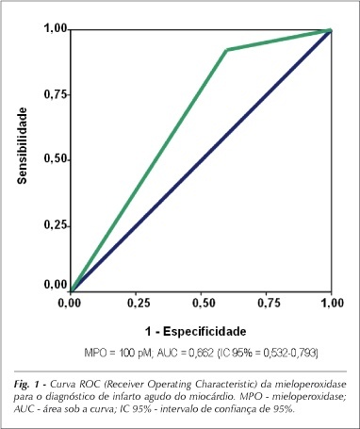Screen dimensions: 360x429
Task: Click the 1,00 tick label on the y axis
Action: pyautogui.click(x=56, y=28)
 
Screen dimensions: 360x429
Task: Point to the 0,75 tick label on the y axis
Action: pyautogui.click(x=56, y=94)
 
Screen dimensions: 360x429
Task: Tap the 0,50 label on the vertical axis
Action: pyautogui.click(x=56, y=159)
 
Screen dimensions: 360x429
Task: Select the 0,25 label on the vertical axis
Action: pyautogui.click(x=56, y=225)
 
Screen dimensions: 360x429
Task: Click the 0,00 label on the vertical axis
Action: pyautogui.click(x=56, y=285)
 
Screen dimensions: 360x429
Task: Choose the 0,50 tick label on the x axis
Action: pyautogui.click(x=202, y=303)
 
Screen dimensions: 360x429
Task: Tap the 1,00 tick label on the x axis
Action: pyautogui.click(x=332, y=303)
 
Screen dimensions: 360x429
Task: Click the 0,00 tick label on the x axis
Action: pyautogui.click(x=70, y=303)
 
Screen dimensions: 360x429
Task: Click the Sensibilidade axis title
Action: pyautogui.click(x=22, y=145)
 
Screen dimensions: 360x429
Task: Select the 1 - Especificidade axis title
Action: pyautogui.click(x=195, y=331)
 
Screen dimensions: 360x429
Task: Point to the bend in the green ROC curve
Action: pyautogui.click(x=226, y=50)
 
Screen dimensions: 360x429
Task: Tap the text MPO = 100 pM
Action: pyautogui.click(x=118, y=354)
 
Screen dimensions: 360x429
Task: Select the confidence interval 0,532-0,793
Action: pyautogui.click(x=289, y=354)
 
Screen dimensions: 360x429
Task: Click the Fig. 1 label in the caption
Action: pyautogui.click(x=27, y=384)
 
